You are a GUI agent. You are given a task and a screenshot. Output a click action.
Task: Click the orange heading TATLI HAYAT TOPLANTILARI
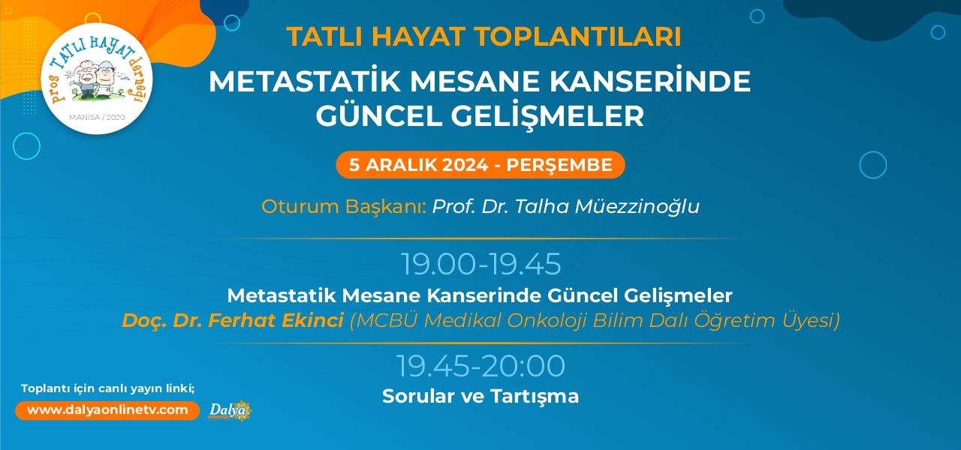pyautogui.click(x=484, y=37)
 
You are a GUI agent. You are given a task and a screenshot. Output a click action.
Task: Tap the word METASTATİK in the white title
pyautogui.click(x=305, y=81)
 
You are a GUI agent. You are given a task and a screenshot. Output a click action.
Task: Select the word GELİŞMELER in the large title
pyautogui.click(x=547, y=115)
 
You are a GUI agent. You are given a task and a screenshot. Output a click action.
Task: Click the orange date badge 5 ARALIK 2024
pyautogui.click(x=480, y=165)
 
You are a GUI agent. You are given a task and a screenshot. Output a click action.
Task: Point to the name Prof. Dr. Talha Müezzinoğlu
pyautogui.click(x=565, y=206)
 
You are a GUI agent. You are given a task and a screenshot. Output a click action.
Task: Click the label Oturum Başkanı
pyautogui.click(x=344, y=206)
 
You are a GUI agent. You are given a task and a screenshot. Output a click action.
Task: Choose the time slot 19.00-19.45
pyautogui.click(x=480, y=263)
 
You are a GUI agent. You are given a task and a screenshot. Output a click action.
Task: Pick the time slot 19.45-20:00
pyautogui.click(x=480, y=365)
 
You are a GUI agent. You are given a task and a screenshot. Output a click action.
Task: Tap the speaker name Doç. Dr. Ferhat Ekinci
pyautogui.click(x=233, y=320)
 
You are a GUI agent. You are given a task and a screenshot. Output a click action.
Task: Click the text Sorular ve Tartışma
pyautogui.click(x=480, y=397)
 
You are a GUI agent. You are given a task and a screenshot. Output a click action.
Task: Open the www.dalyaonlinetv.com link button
pyautogui.click(x=107, y=410)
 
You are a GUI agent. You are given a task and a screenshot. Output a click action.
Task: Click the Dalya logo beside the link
pyautogui.click(x=230, y=410)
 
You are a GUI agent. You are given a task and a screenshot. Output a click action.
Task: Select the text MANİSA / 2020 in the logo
pyautogui.click(x=97, y=118)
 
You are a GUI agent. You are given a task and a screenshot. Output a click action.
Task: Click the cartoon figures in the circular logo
pyautogui.click(x=97, y=79)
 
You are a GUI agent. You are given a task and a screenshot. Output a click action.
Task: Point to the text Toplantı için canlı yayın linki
pyautogui.click(x=107, y=388)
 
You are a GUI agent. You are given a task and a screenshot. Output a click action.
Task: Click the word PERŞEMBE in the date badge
pyautogui.click(x=559, y=165)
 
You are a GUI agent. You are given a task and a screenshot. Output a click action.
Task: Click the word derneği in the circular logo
pyautogui.click(x=140, y=80)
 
